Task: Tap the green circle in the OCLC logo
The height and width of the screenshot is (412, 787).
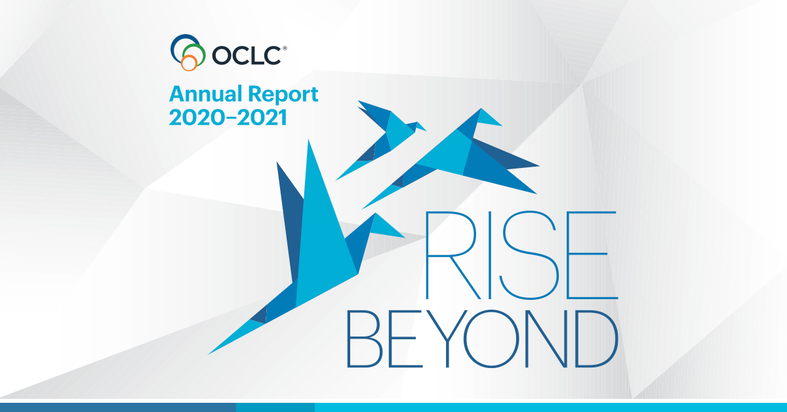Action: [x=204, y=52]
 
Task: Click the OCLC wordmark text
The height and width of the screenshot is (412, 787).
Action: [x=247, y=56]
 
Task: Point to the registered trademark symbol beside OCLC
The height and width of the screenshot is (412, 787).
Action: [x=285, y=48]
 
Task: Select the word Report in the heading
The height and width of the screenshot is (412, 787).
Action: [x=283, y=94]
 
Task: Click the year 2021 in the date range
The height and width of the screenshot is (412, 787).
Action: [x=262, y=117]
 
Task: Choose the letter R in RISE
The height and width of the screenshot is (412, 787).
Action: [x=427, y=255]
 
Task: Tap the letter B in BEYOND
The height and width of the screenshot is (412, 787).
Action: [x=349, y=339]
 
